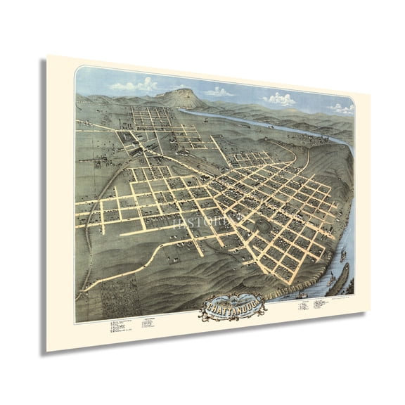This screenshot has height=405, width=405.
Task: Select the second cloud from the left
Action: [x=220, y=91]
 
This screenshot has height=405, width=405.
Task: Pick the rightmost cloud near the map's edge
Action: [x=342, y=108]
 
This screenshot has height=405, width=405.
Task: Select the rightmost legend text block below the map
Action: [x=321, y=283]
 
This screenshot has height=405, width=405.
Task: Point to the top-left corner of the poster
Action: [x=47, y=56]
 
